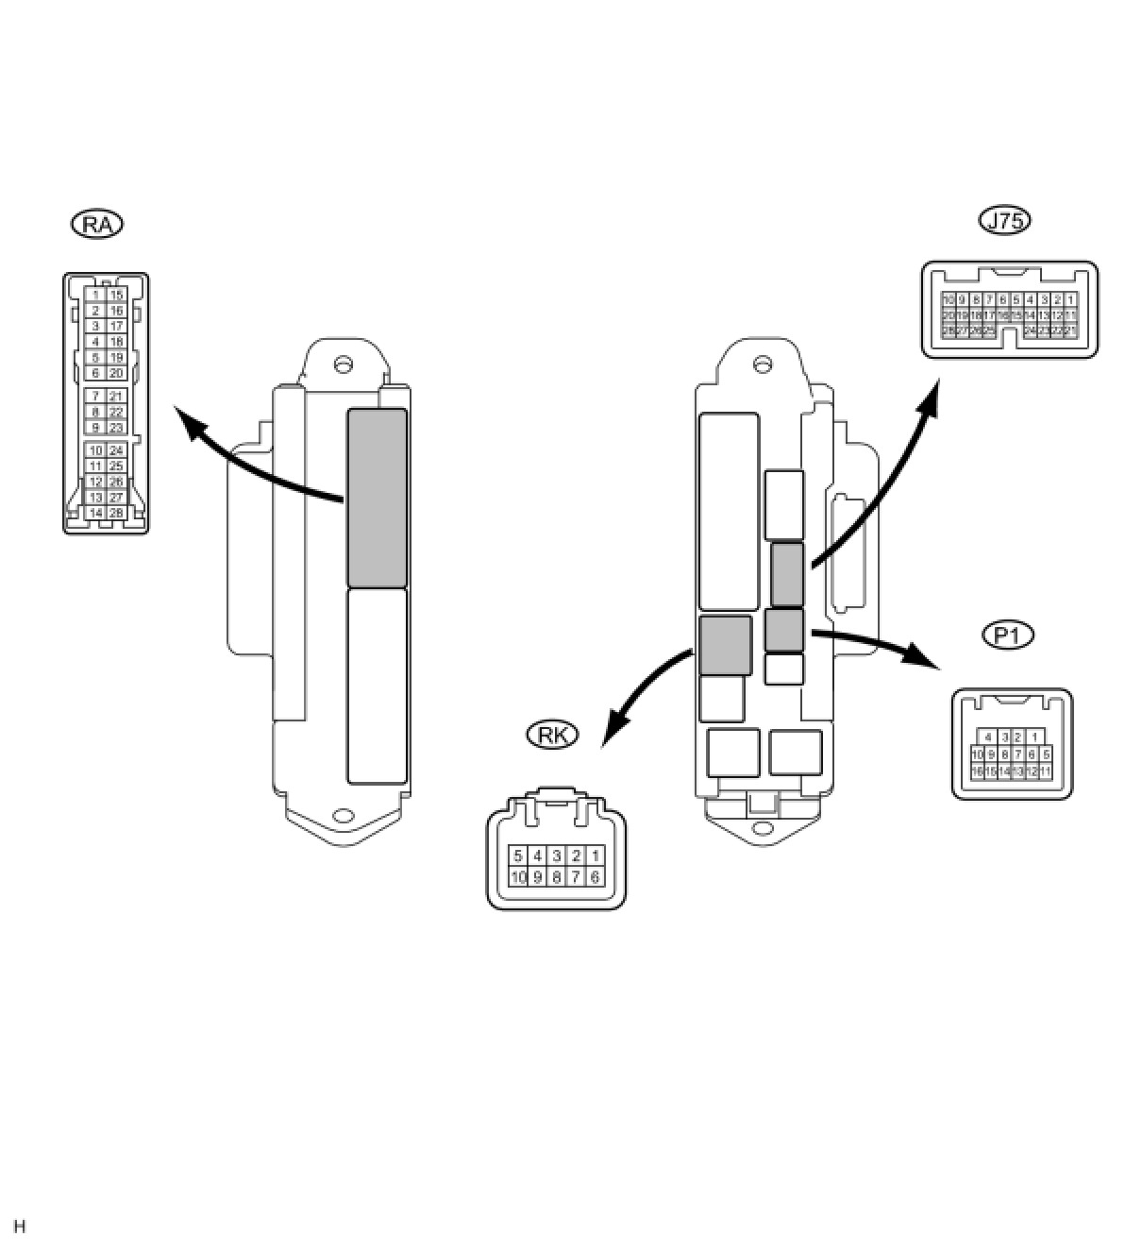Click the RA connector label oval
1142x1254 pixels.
click(97, 224)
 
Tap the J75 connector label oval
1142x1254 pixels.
click(1005, 220)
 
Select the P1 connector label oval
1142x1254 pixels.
click(1008, 635)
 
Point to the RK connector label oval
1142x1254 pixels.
click(551, 735)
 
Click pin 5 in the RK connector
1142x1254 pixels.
click(518, 856)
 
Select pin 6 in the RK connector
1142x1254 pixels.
click(595, 876)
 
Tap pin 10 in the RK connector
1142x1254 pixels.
click(518, 876)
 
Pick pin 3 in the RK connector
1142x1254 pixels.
click(557, 856)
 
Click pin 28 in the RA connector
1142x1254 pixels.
click(116, 513)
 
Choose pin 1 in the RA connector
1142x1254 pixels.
click(95, 296)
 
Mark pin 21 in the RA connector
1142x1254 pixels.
click(116, 397)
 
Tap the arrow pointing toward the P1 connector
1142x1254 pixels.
click(878, 643)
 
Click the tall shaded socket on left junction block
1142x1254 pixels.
click(377, 498)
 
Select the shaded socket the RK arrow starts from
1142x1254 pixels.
click(726, 645)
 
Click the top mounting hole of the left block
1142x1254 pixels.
click(344, 363)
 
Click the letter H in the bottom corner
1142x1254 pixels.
click(20, 1227)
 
